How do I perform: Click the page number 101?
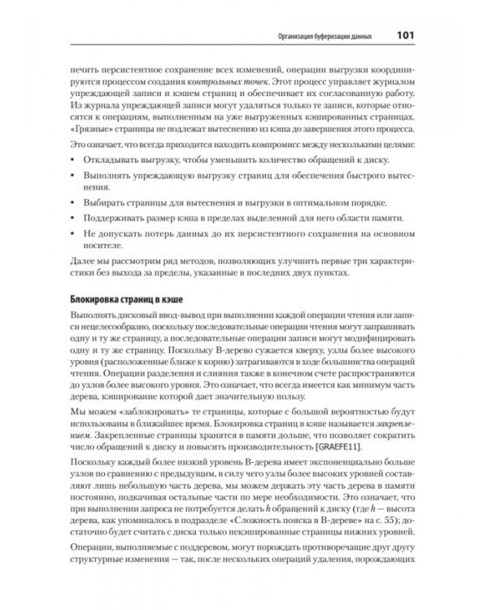tap(406, 35)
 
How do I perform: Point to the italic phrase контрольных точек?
tap(215, 83)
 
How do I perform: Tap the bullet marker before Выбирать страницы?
tap(74, 203)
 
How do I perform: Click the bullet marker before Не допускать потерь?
tap(74, 233)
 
